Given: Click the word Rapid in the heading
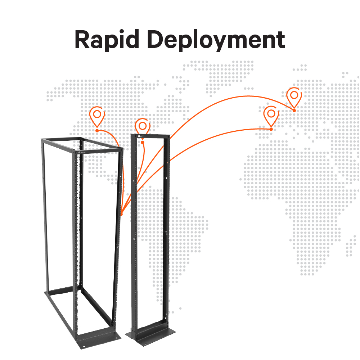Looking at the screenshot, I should pos(107,40).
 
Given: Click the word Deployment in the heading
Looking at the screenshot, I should pos(216,40).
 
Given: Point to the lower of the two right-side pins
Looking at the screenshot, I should pos(271,115).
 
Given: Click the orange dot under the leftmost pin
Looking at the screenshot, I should pos(97,130).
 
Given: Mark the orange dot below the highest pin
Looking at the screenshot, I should pos(294,111).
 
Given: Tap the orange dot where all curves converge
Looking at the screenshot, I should pos(122,215).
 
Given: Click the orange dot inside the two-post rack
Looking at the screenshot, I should pos(143,143).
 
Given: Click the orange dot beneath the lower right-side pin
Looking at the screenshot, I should pos(271,129).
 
